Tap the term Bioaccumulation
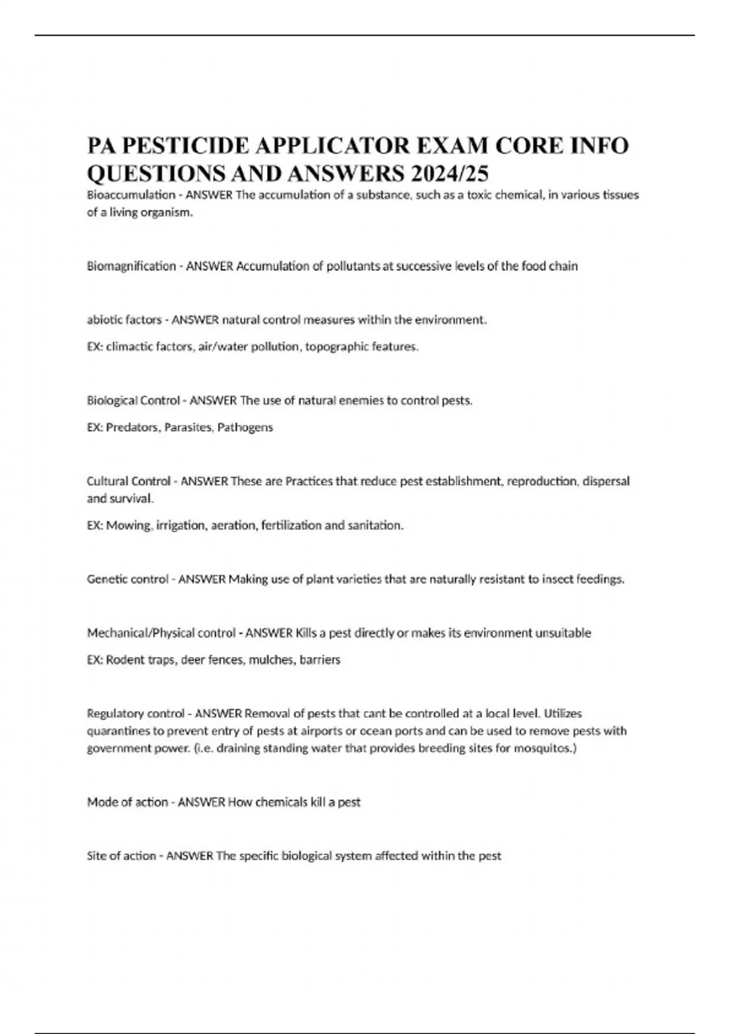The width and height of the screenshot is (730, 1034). (x=131, y=195)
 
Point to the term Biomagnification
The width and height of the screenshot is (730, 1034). (x=131, y=266)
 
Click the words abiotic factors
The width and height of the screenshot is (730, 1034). (x=124, y=320)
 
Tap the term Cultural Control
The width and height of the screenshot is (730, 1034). (x=128, y=481)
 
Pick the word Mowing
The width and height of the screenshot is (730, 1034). (x=128, y=526)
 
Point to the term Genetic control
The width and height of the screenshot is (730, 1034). (x=127, y=579)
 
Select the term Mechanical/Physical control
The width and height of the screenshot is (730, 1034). (x=161, y=633)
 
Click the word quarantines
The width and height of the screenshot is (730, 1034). (x=116, y=731)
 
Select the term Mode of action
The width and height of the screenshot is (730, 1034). (x=127, y=802)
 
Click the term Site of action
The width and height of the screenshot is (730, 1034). (x=121, y=856)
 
